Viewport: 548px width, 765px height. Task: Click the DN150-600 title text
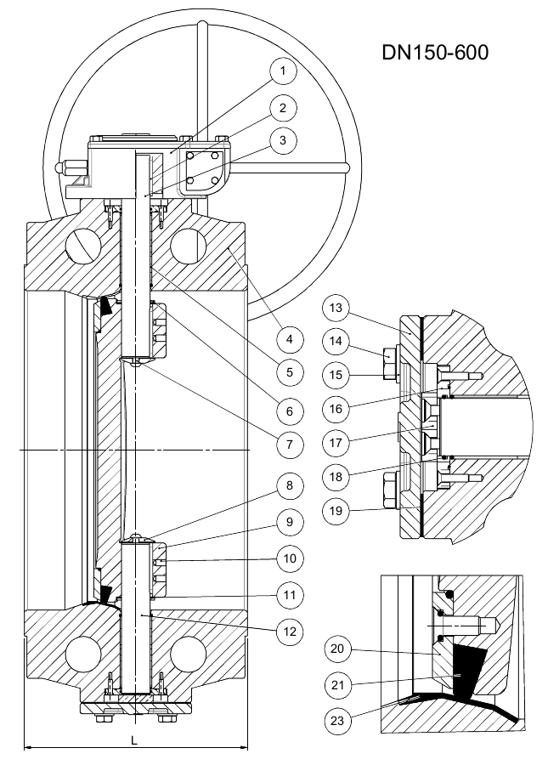tap(435, 52)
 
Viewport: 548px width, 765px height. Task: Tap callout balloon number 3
tap(281, 141)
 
